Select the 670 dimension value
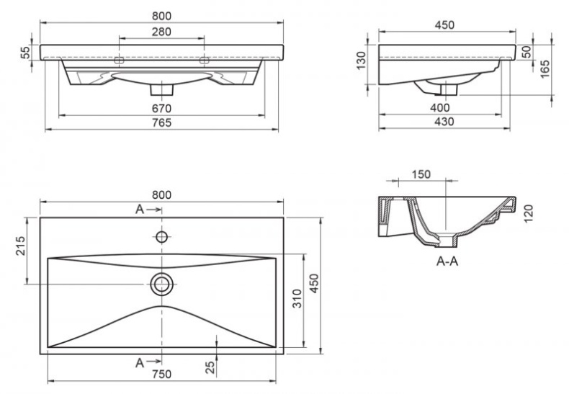click(x=162, y=108)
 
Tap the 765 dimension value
click(x=162, y=123)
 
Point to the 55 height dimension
click(x=25, y=53)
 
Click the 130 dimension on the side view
click(x=363, y=66)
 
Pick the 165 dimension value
click(x=545, y=69)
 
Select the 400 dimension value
click(x=441, y=108)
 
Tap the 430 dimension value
click(x=444, y=123)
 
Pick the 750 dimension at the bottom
click(x=162, y=374)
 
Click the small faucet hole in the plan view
click(x=162, y=236)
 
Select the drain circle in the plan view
click(x=162, y=284)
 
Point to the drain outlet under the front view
click(x=162, y=90)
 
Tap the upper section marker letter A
click(x=140, y=210)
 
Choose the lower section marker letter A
click(x=140, y=363)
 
